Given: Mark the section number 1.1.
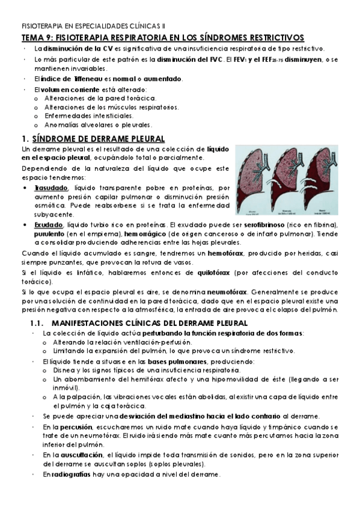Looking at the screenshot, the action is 39,323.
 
